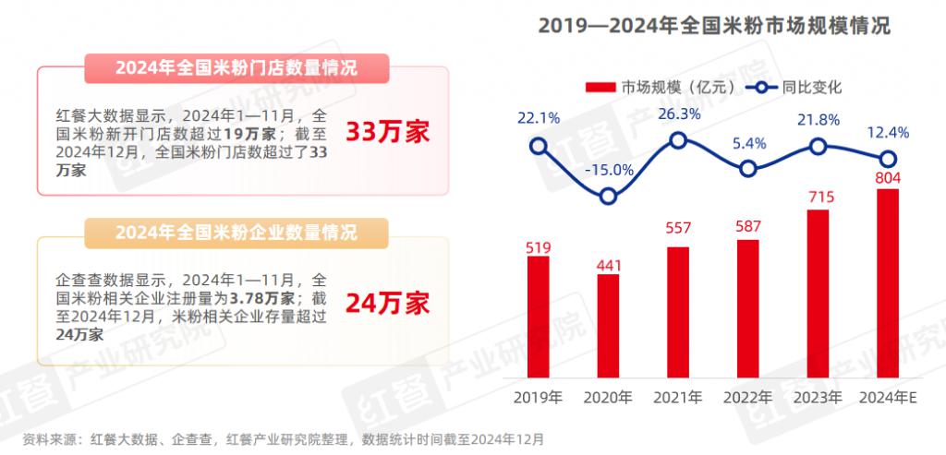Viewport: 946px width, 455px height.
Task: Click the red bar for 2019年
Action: click(x=538, y=317)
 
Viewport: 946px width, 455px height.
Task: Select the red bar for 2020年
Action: click(x=608, y=326)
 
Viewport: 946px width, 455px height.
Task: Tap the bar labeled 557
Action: click(x=678, y=312)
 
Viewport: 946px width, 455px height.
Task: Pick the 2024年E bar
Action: click(x=888, y=283)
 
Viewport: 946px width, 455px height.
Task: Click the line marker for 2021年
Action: click(x=678, y=140)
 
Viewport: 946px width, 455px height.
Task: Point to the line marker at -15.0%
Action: click(x=608, y=196)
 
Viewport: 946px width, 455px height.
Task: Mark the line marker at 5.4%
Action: click(x=748, y=168)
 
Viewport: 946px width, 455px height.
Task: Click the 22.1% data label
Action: click(x=538, y=117)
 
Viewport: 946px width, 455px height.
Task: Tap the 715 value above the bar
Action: click(x=819, y=198)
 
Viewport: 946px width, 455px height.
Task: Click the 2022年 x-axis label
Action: click(x=748, y=398)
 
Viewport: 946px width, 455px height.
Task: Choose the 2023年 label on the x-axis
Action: click(x=819, y=398)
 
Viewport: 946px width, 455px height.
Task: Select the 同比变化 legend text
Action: click(x=811, y=88)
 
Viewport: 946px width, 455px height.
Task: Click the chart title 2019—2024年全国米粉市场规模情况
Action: click(x=714, y=25)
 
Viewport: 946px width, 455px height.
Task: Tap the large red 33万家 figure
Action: click(x=388, y=131)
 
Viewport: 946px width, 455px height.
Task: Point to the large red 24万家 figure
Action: click(x=388, y=302)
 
